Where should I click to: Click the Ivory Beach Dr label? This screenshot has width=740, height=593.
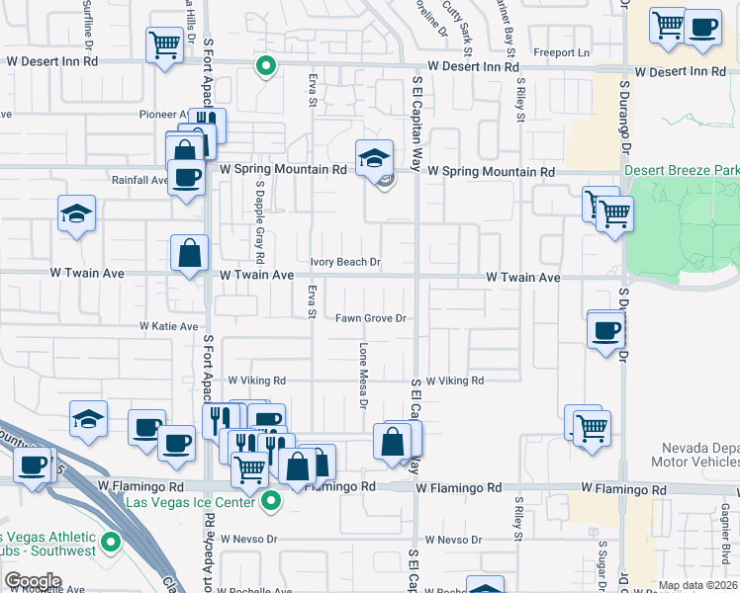tap(346, 262)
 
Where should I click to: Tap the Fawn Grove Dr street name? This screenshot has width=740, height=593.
tap(371, 318)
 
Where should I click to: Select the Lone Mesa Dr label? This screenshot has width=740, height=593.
tap(363, 377)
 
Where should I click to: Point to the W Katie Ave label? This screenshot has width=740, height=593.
tap(169, 326)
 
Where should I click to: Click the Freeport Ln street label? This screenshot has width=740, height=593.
tap(561, 52)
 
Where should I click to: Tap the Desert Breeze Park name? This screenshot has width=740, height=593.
tap(682, 171)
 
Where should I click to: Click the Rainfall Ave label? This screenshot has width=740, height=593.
tap(139, 180)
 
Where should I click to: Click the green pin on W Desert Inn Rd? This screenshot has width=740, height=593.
tap(265, 66)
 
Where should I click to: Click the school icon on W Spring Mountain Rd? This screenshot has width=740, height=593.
tap(375, 158)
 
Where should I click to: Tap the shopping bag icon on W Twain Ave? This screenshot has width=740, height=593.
tap(189, 253)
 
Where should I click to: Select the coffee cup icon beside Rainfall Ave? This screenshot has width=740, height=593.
tap(185, 178)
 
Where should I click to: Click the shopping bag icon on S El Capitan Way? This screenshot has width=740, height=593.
tap(393, 441)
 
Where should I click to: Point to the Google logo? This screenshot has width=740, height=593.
tap(34, 581)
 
